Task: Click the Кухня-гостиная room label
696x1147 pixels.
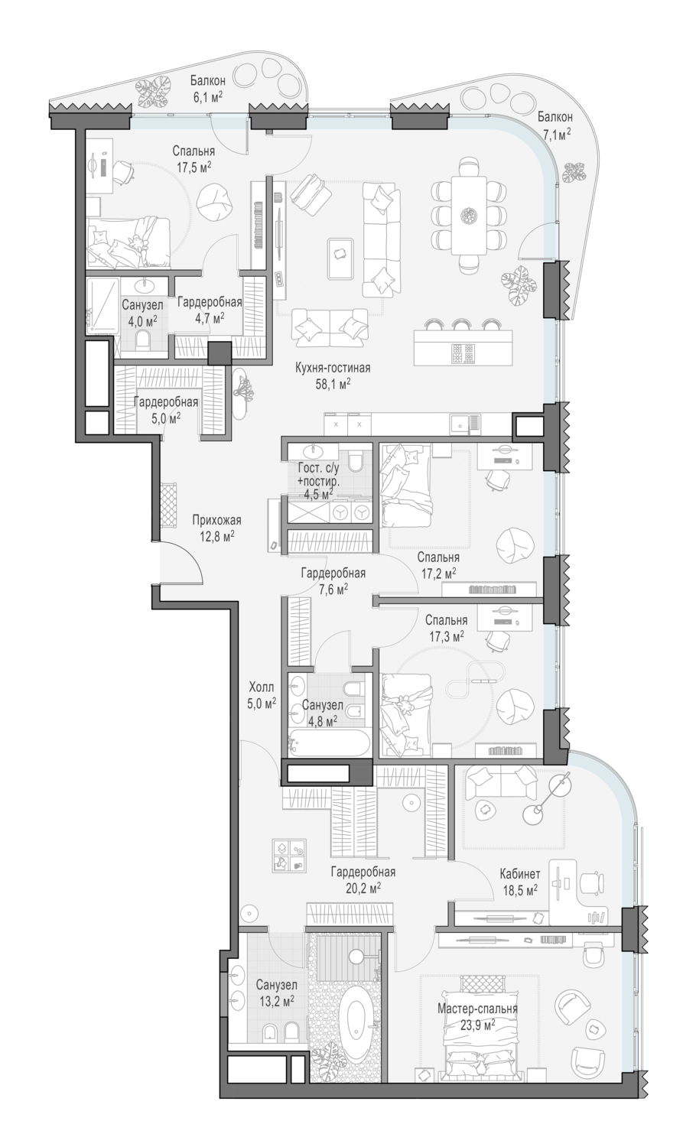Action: (x=333, y=368)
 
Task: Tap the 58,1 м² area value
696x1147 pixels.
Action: (x=333, y=384)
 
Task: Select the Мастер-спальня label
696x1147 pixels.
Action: (x=477, y=1009)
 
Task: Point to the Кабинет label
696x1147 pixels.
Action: (x=520, y=874)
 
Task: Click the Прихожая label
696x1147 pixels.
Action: (x=216, y=520)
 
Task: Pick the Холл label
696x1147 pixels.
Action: (x=262, y=687)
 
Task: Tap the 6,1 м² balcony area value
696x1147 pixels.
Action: (x=207, y=97)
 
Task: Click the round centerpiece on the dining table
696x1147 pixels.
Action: (x=469, y=215)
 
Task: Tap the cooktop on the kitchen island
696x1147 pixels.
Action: (x=464, y=353)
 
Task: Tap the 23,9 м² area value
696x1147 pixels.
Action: (x=477, y=1025)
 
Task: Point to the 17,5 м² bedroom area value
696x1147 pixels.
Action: (x=194, y=167)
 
